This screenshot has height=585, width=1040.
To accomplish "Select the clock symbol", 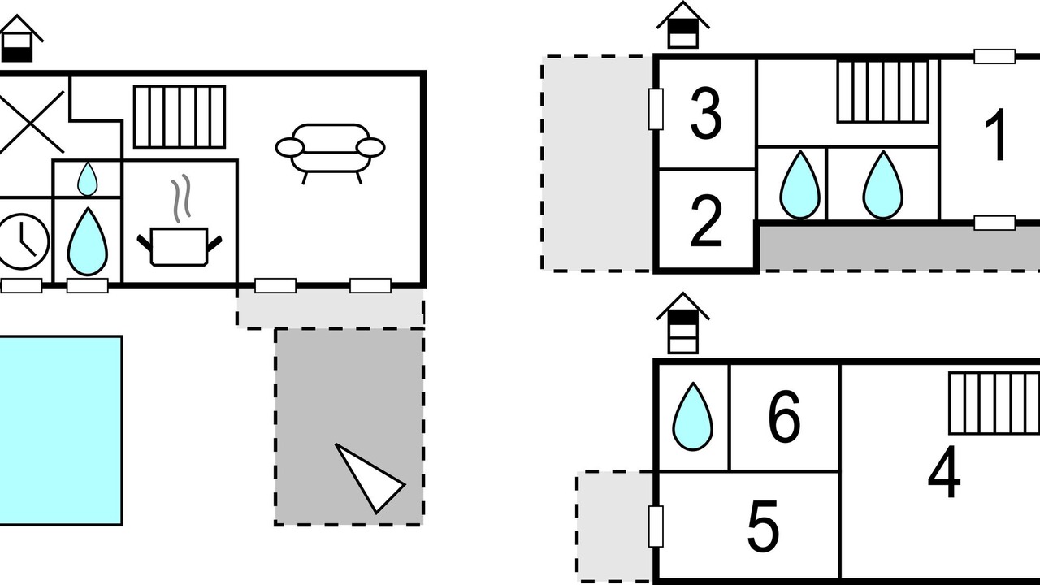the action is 21,241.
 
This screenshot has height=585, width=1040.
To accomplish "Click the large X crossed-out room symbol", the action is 30,122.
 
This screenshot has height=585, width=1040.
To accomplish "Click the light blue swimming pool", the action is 61,431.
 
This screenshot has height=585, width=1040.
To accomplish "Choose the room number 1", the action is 995,134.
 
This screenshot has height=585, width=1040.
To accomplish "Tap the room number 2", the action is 706,220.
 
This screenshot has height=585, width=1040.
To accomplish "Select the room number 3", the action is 706,113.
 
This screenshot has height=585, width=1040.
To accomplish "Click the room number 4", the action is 944,471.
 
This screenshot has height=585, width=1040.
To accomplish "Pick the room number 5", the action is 763,526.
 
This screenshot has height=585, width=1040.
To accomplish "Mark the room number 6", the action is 785,415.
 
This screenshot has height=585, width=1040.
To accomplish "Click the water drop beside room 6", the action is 693,417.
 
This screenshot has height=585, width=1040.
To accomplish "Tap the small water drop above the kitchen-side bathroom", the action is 87,179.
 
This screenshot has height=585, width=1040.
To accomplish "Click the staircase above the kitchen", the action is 180,116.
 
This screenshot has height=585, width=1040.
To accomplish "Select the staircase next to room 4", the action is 994,403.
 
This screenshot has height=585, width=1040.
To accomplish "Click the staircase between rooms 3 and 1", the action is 884,92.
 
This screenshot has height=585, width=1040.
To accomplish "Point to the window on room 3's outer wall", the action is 656,109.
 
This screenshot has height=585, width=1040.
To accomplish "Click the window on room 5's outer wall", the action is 656,526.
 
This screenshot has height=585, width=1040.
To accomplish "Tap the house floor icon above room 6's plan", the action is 683,323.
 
